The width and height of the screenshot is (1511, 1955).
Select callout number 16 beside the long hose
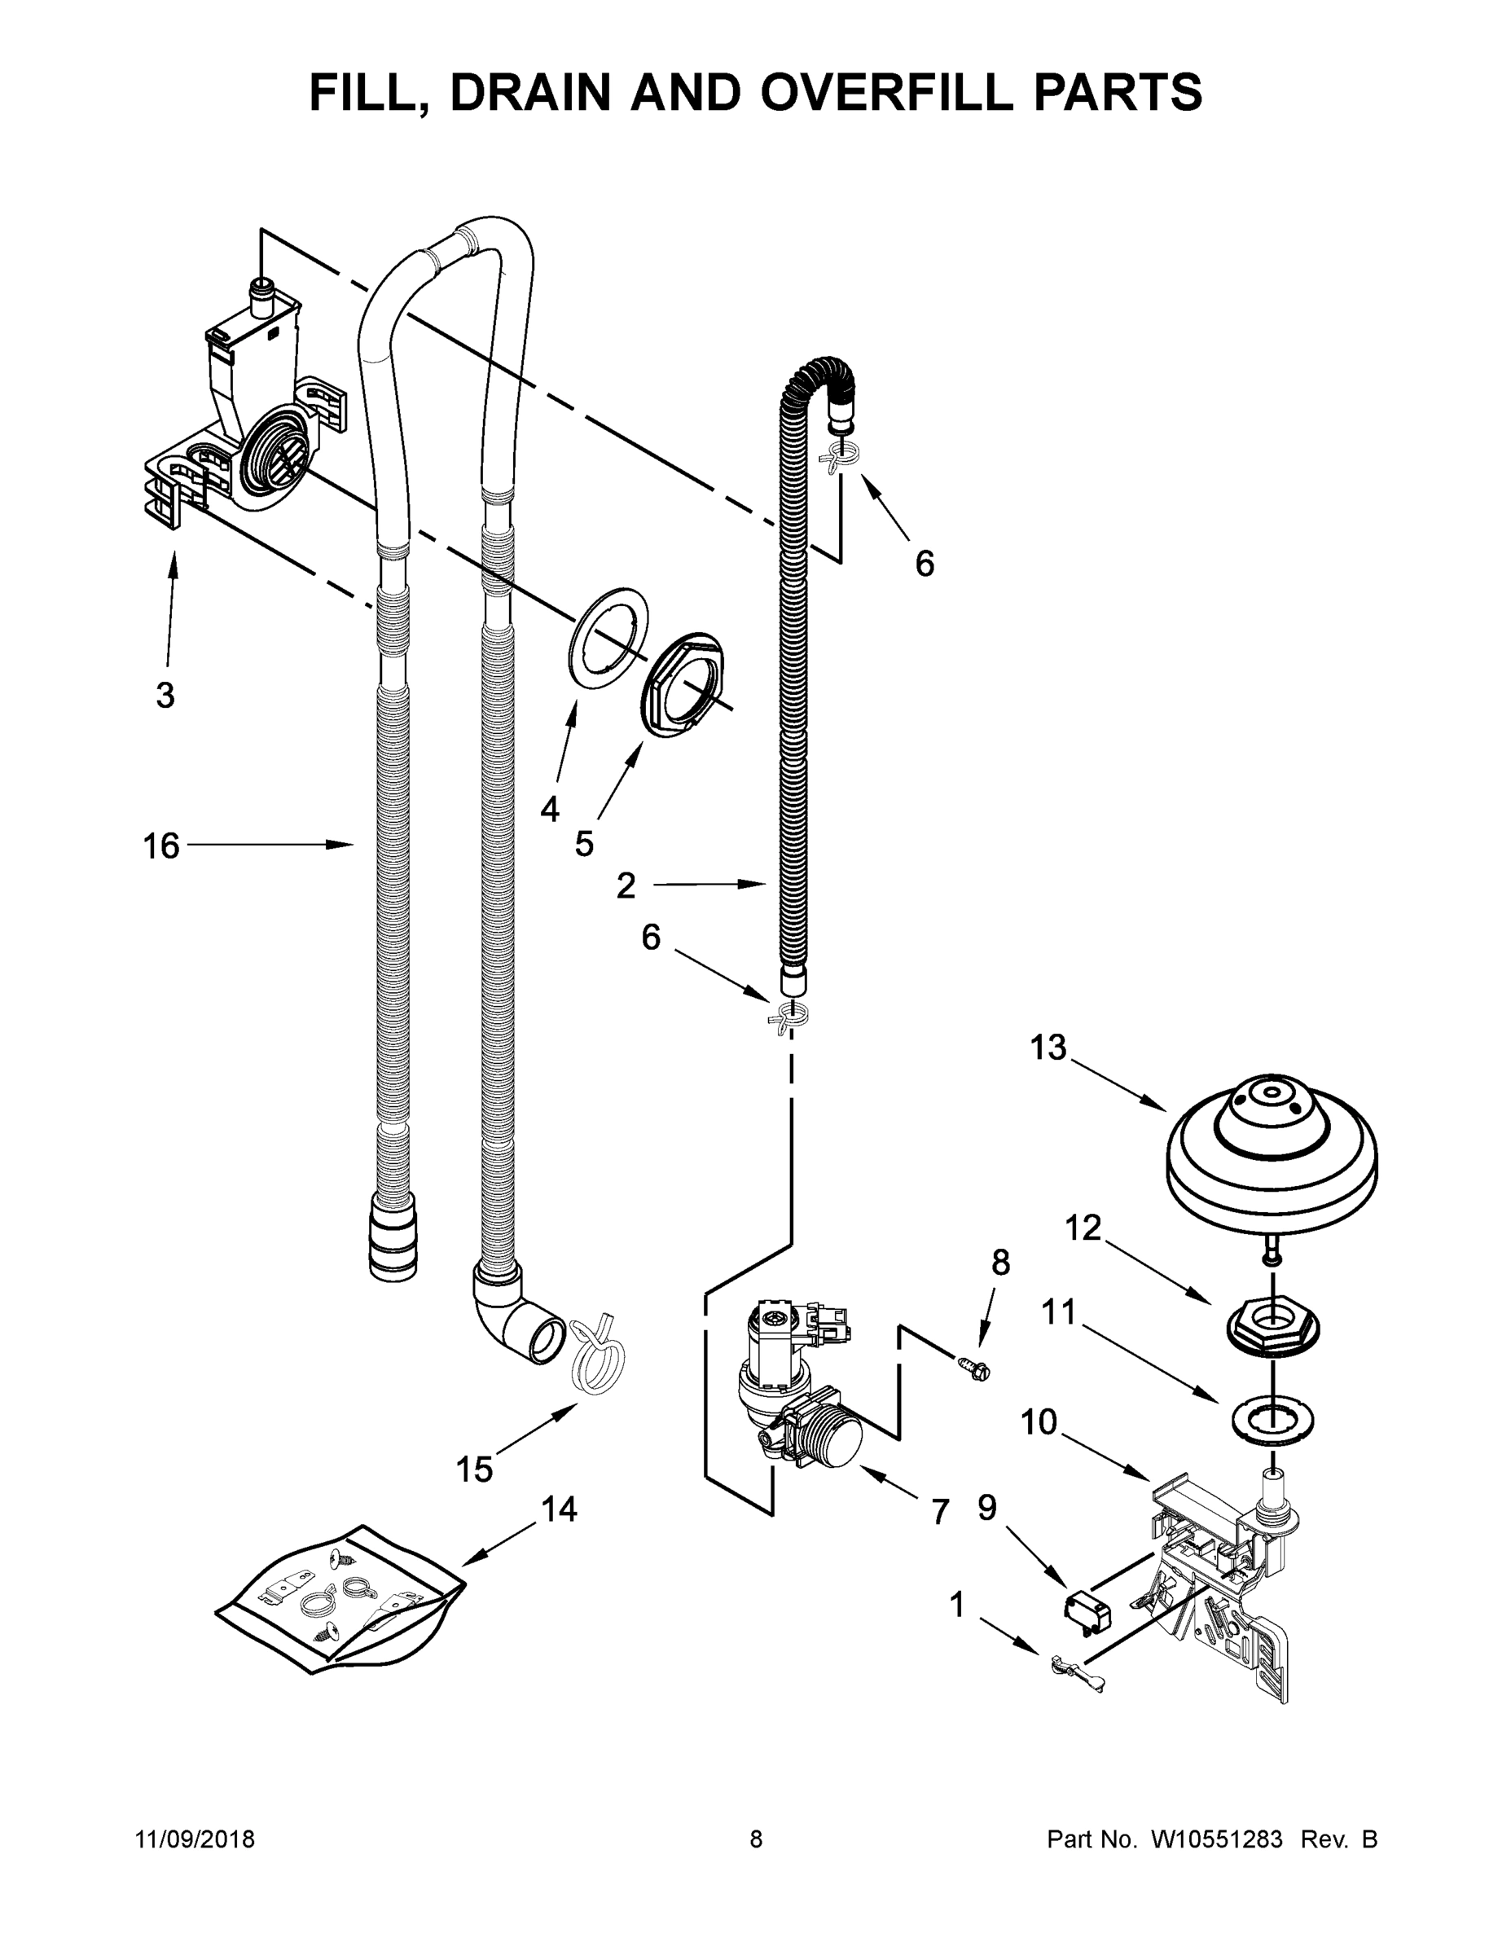click(x=161, y=846)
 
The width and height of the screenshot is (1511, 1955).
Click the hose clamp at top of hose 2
click(x=838, y=456)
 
